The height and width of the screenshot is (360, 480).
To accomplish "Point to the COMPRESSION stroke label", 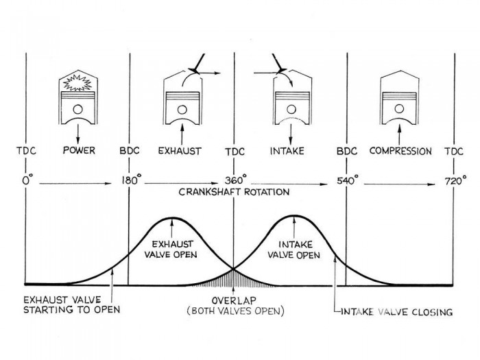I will [x=400, y=150].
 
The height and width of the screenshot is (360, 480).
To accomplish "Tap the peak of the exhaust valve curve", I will [x=172, y=218].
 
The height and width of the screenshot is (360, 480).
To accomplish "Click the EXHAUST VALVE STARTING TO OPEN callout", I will [x=71, y=304].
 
